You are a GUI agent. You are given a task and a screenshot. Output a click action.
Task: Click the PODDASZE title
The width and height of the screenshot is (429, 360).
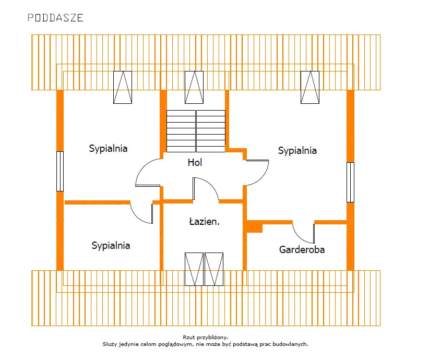[x=55, y=18]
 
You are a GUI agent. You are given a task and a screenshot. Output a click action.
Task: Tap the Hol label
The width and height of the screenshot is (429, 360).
[x=195, y=162]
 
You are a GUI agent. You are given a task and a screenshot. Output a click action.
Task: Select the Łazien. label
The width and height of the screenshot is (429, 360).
[x=205, y=221]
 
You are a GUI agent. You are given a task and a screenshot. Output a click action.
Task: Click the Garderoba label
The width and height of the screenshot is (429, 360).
[x=302, y=249]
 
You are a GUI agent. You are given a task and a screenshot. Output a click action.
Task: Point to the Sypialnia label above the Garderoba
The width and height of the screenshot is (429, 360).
[x=297, y=151]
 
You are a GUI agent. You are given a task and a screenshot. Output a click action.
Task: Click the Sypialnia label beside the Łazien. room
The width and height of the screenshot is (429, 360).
[x=111, y=246]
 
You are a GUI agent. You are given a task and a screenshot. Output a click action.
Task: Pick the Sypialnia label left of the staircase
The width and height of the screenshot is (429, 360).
[x=108, y=149]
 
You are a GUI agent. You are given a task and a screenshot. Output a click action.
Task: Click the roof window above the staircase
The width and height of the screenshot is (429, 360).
[x=194, y=87]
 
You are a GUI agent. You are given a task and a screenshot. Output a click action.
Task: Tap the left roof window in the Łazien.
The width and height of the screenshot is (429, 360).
[x=194, y=269]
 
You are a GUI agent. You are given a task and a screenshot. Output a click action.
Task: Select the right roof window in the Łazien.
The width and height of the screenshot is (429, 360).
[x=214, y=269]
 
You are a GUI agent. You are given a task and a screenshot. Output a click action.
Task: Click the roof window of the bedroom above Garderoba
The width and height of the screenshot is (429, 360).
[x=310, y=87]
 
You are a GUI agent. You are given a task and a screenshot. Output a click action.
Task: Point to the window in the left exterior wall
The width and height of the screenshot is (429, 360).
[x=60, y=171]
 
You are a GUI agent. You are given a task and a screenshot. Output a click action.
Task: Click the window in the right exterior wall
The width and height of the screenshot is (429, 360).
[x=351, y=182]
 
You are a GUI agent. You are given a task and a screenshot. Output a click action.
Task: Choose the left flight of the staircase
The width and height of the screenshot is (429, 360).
[x=181, y=131]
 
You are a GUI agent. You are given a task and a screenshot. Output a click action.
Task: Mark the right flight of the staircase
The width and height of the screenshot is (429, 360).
[x=211, y=131]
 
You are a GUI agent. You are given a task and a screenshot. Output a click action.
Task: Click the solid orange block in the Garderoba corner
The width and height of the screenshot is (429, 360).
[x=255, y=227]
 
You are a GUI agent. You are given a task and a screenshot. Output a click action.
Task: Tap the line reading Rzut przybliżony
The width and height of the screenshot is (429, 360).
[x=206, y=338]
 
